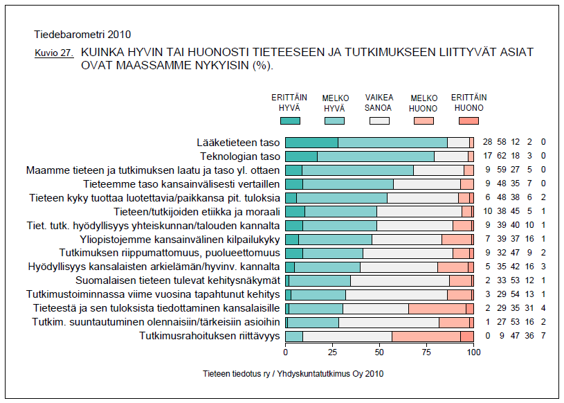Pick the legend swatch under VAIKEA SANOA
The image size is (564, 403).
(379, 120)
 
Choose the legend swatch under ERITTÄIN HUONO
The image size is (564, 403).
(469, 120)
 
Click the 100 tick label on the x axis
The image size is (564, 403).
(473, 352)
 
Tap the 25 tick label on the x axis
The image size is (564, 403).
(332, 352)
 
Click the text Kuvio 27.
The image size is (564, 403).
(53, 53)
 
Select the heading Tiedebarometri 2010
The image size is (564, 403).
(82, 34)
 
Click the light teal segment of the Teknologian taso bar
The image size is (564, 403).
(376, 156)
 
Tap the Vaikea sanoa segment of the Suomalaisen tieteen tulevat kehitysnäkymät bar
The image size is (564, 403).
(399, 280)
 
